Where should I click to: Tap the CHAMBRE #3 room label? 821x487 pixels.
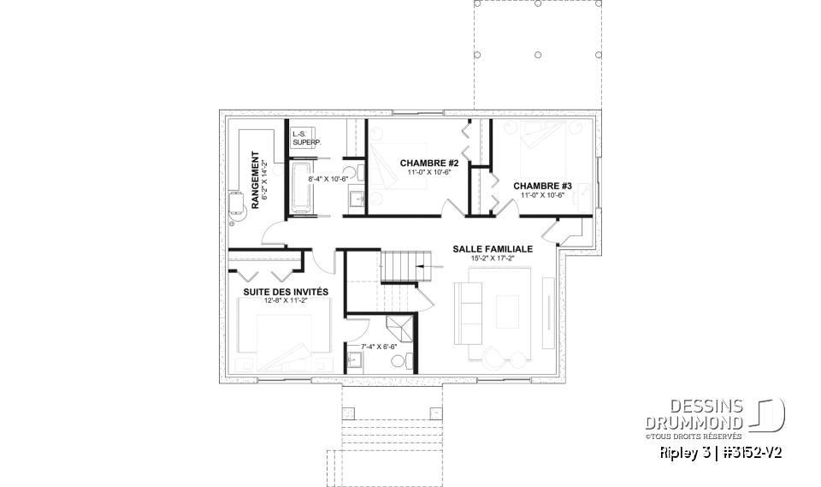click(542, 186)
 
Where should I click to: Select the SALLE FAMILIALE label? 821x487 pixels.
click(493, 249)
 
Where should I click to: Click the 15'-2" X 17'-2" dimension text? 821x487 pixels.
click(493, 258)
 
